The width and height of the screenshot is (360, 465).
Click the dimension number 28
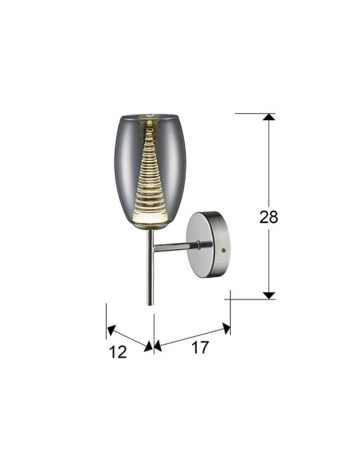click(x=268, y=217)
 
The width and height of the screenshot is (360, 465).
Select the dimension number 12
click(x=118, y=352)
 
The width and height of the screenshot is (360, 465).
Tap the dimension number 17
click(x=200, y=347)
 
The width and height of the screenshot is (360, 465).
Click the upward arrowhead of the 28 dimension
click(x=269, y=117)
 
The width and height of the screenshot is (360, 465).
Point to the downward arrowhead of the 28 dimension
click(x=269, y=295)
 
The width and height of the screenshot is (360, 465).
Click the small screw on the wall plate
click(x=224, y=250)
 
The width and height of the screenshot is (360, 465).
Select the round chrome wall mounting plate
click(x=208, y=245)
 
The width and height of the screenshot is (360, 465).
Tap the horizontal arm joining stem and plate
click(x=176, y=247)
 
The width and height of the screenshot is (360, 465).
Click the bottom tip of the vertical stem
click(x=151, y=305)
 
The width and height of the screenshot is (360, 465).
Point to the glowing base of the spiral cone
click(x=151, y=218)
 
